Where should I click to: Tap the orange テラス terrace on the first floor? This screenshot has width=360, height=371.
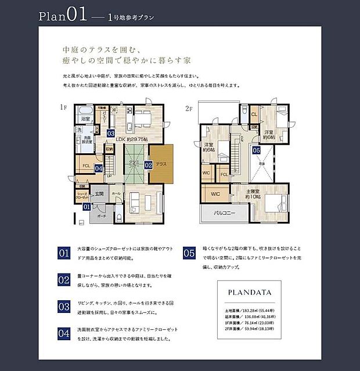point(161,164)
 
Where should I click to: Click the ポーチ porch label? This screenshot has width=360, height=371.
point(102,215)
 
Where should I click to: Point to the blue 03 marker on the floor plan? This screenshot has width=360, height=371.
point(111,133)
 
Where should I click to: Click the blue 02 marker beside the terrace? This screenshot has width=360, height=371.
point(148,165)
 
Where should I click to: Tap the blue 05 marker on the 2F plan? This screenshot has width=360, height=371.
point(257,150)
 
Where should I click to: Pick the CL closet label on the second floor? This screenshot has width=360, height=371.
point(254,114)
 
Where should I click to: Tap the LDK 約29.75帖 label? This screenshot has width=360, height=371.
point(132,139)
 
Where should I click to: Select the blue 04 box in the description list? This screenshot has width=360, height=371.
point(64,333)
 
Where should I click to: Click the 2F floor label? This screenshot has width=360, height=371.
point(188,109)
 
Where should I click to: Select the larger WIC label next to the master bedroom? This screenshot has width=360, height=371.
point(215,193)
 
